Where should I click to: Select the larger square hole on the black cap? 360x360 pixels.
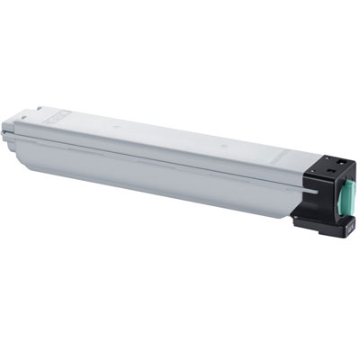click(330, 168)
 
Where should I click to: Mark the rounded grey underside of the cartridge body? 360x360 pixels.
click(135, 180)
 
